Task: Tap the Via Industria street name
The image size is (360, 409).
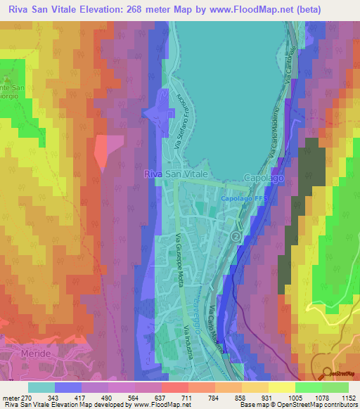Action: (188, 342)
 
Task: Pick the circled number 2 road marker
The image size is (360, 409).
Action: (236, 237)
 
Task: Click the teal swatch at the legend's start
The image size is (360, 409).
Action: (41, 387)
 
